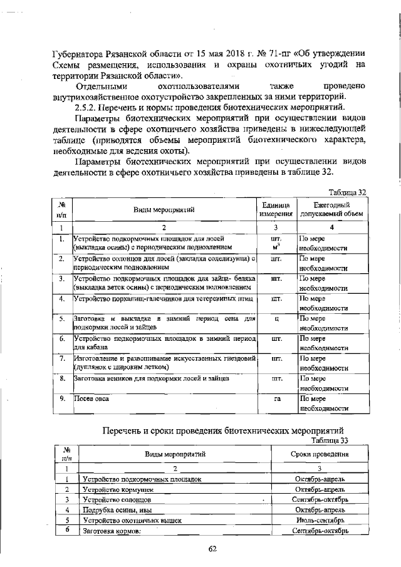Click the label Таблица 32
pos(348,192)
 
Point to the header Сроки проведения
pos(320,454)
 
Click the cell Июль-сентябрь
pos(320,520)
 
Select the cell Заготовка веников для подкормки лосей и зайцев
pos(151,378)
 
